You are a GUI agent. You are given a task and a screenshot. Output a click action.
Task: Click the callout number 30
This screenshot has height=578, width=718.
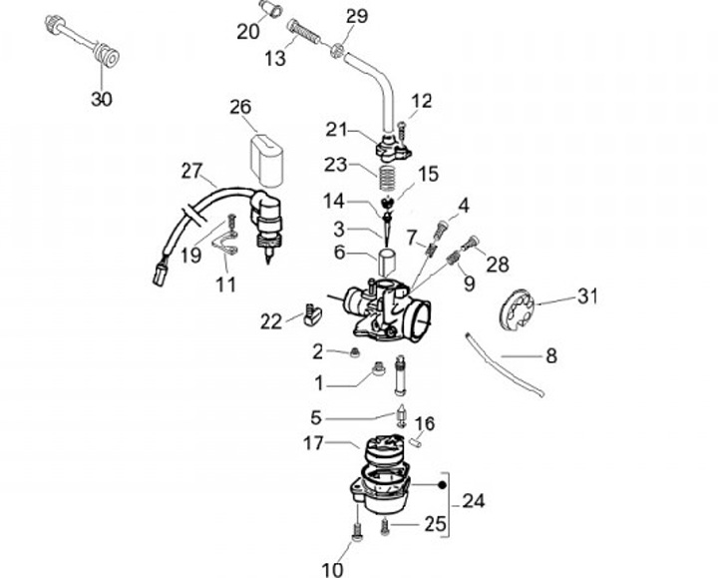click(x=101, y=99)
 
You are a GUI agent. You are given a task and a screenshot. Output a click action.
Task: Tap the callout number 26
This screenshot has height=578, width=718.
click(x=240, y=107)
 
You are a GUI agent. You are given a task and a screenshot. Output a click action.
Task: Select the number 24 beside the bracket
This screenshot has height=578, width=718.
click(x=473, y=501)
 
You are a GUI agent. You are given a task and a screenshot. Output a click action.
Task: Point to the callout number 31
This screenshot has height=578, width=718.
click(x=587, y=296)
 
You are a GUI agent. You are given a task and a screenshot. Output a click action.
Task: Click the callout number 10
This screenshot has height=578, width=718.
click(x=332, y=570)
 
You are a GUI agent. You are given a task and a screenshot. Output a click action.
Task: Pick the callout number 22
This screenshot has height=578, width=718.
click(x=271, y=321)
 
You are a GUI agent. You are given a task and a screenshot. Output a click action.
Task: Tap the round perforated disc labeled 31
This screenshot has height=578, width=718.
click(x=517, y=308)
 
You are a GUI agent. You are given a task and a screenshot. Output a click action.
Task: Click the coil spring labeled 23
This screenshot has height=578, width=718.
click(x=387, y=178)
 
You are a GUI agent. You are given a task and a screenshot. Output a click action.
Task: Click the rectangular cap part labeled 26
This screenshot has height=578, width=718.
click(x=266, y=161)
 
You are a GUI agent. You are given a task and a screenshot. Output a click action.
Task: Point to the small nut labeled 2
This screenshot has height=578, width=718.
click(x=354, y=353)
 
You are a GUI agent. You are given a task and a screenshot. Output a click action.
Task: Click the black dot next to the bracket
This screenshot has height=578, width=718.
click(x=442, y=485)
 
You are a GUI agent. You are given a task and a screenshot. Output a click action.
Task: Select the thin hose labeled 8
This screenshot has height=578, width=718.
click(x=505, y=364)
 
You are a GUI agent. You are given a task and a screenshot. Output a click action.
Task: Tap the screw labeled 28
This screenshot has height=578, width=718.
click(x=470, y=242)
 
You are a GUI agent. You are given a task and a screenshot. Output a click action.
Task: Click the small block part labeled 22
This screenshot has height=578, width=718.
click(x=313, y=316)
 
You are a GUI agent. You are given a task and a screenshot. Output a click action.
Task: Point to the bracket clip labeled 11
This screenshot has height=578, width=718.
click(x=225, y=243)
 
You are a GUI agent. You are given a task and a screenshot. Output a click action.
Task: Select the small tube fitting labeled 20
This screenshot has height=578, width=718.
click(x=271, y=9)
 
